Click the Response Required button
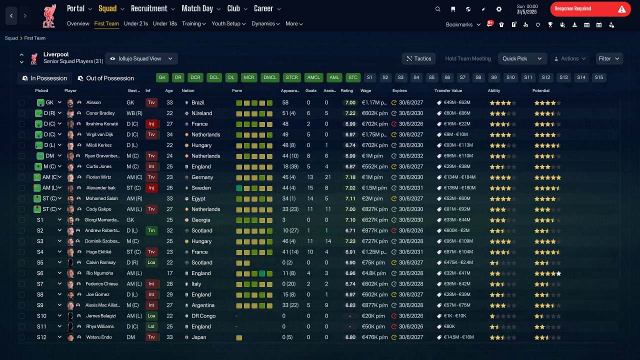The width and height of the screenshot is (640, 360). tap(590, 9)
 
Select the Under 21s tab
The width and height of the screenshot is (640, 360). tap(135, 23)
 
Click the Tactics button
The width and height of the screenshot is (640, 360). tap(418, 58)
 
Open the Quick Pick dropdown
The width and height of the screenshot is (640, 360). tap(522, 58)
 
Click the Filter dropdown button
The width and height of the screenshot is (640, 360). tap(609, 58)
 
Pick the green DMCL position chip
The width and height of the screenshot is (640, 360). tap(269, 77)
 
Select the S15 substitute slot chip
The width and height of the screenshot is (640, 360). tap(598, 77)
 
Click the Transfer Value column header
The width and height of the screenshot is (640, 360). tap(448, 90)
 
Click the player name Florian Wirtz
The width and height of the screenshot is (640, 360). tap(98, 177)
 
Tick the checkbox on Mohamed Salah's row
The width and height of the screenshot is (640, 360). tap(21, 198)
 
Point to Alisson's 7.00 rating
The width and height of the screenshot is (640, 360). tap(350, 102)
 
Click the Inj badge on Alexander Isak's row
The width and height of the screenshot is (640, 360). tap(151, 187)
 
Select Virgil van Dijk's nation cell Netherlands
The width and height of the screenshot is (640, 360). tap(205, 134)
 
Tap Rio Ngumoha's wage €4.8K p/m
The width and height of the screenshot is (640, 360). tap(373, 273)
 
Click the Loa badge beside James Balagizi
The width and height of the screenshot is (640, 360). tap(151, 315)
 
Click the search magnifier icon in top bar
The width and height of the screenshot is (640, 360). tap(437, 9)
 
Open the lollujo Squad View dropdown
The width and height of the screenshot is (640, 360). tap(141, 58)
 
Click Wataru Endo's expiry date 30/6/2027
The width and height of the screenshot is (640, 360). tap(411, 337)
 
